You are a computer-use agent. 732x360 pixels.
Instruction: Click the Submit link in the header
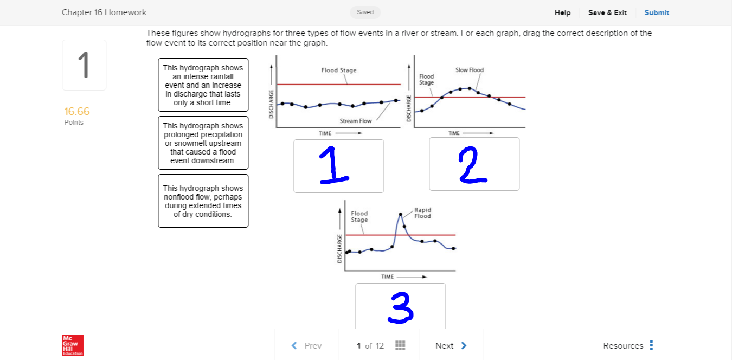point(657,12)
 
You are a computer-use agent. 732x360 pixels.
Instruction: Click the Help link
point(562,12)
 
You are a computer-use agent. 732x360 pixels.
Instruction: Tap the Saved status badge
point(365,12)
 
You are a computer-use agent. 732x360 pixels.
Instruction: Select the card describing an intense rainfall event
point(203,85)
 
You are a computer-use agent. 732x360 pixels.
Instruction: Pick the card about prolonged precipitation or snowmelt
point(203,143)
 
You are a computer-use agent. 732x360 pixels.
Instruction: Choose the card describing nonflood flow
point(203,201)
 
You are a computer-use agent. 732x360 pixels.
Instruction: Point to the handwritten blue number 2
point(472,165)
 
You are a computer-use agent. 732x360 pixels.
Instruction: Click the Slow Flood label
point(470,70)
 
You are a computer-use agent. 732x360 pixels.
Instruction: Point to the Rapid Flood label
point(422,213)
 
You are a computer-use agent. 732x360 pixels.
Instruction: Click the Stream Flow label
point(356,121)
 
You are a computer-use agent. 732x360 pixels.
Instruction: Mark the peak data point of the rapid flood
point(401,215)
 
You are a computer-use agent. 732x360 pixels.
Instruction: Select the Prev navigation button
point(306,346)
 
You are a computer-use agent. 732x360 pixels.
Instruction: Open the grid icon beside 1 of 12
point(401,346)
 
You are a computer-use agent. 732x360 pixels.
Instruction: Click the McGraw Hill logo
point(73,345)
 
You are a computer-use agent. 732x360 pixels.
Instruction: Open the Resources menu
point(629,346)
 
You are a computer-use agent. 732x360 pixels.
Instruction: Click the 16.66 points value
point(76,112)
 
